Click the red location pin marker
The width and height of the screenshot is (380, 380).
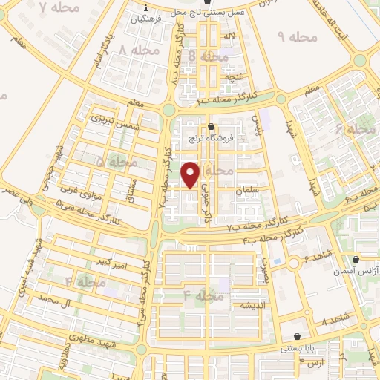[191, 174]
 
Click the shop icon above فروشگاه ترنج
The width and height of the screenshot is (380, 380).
[213, 127]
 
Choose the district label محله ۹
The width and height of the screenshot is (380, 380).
[296, 36]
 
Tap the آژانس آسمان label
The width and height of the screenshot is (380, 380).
[358, 272]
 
